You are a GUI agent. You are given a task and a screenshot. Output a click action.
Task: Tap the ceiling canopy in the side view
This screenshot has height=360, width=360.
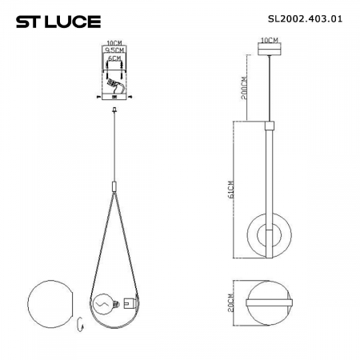click(x=270, y=50)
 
